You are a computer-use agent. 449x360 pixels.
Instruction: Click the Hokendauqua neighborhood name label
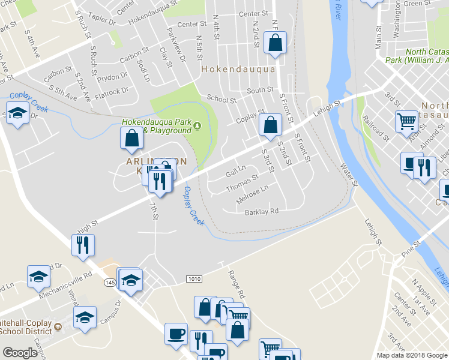238,69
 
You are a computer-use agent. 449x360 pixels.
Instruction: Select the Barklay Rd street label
262,212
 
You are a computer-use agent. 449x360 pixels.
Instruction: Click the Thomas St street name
242,184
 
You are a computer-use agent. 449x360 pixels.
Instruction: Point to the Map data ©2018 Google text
412,355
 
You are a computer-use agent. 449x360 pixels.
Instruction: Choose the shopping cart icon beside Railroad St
407,121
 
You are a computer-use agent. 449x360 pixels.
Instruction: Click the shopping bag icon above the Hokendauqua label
275,43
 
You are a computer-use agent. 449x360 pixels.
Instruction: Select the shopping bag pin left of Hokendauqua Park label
131,138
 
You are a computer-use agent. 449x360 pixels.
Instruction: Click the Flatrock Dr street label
112,91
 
